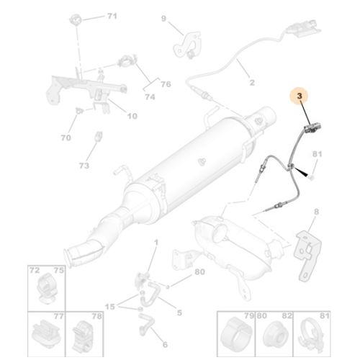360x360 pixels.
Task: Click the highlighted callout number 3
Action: [x=300, y=96]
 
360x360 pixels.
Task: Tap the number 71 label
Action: [x=112, y=16]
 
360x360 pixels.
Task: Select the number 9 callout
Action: [x=163, y=19]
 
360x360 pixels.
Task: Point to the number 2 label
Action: [x=252, y=83]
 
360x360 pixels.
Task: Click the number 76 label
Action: [x=166, y=84]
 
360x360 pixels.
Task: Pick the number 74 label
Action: [x=150, y=97]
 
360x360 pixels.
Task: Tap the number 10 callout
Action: [x=132, y=116]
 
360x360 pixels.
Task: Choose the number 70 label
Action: [x=66, y=138]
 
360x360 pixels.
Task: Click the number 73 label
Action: [x=84, y=166]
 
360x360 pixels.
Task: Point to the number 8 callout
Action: [x=316, y=212]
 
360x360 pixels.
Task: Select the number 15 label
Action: [x=109, y=307]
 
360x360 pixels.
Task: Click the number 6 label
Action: [x=165, y=345]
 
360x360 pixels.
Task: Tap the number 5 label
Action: [x=179, y=312]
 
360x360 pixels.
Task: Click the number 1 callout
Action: [x=156, y=243]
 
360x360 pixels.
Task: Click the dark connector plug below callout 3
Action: [x=312, y=128]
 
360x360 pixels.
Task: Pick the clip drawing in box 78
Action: [x=83, y=335]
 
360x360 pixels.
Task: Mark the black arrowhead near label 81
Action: [x=301, y=172]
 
